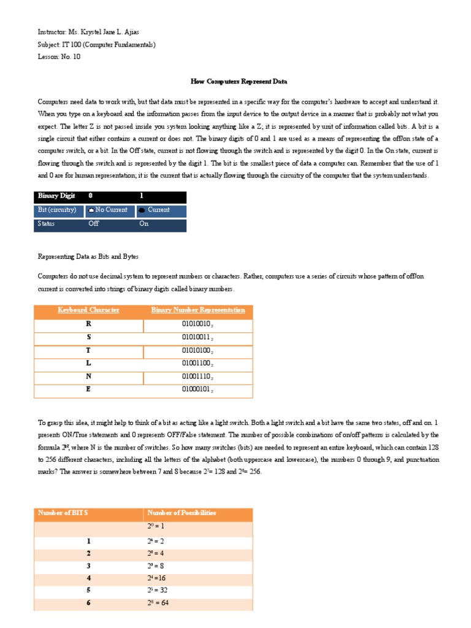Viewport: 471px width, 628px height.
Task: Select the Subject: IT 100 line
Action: coord(96,44)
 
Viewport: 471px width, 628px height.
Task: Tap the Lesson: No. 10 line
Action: coord(59,56)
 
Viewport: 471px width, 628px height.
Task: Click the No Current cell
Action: coord(108,210)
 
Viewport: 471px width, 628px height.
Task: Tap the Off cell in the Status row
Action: coord(94,224)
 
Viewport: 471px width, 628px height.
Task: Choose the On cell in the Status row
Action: coord(144,224)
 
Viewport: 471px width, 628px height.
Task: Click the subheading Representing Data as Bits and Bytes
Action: coord(92,256)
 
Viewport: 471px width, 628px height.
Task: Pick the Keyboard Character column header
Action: coord(88,310)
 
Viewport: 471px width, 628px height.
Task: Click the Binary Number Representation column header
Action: coord(197,310)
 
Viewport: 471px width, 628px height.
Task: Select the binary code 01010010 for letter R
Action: coord(197,324)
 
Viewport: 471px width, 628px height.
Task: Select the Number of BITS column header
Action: coord(63,513)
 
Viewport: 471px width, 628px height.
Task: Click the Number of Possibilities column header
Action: coord(182,513)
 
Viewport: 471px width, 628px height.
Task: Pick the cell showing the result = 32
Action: coord(158,590)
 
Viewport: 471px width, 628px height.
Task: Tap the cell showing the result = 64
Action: coord(158,603)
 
